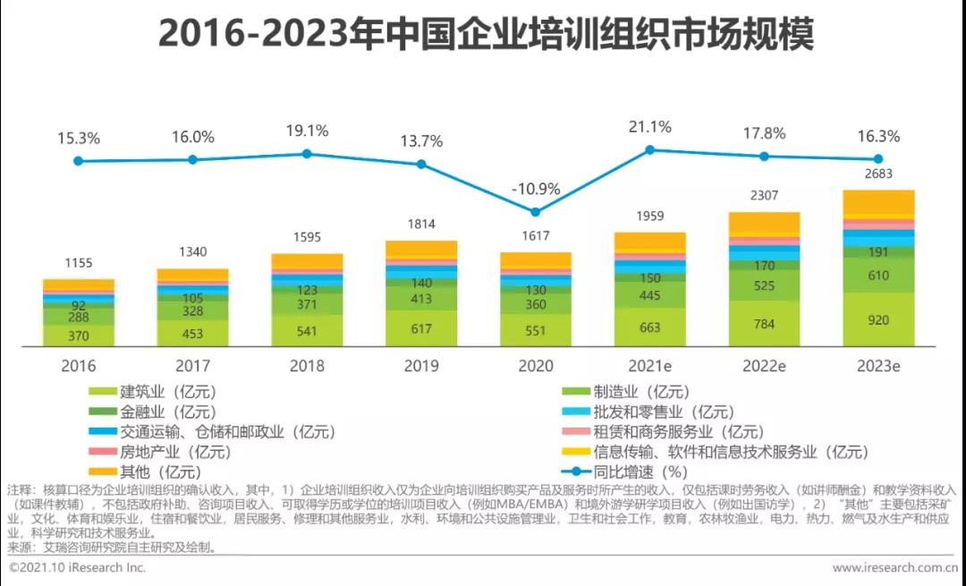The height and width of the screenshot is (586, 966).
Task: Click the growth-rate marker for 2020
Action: tap(536, 212)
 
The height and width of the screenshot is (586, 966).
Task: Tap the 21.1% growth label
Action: tap(649, 127)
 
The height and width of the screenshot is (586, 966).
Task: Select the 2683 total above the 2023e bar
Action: tap(877, 174)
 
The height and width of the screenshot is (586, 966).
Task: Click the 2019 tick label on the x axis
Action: tap(421, 366)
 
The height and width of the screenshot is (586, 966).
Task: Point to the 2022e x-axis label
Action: tap(763, 366)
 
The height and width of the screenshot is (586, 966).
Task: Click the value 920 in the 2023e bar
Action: tap(878, 319)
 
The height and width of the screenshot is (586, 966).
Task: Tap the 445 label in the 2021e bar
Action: tap(649, 295)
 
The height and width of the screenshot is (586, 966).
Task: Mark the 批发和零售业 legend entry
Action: tap(663, 412)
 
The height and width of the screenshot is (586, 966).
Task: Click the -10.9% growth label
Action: tap(536, 189)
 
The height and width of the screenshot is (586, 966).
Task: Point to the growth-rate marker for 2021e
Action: tap(650, 149)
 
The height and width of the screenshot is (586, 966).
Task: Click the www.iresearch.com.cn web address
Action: tap(895, 567)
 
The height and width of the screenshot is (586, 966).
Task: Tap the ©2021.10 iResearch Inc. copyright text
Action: tap(77, 567)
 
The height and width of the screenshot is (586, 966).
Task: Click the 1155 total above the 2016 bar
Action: tap(79, 263)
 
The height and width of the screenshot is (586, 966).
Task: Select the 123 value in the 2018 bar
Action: tap(307, 290)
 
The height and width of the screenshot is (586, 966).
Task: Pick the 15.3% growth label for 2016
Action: tap(79, 139)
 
